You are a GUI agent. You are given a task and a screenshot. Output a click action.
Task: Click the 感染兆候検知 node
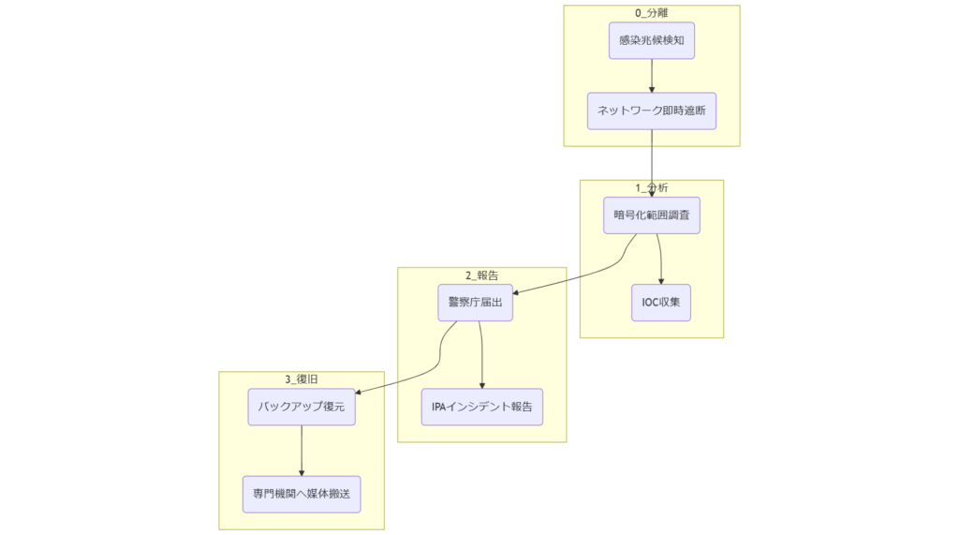coord(651,41)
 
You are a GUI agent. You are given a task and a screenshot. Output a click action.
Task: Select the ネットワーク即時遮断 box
coord(651,111)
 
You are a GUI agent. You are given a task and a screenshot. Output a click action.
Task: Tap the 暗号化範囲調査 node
coord(651,215)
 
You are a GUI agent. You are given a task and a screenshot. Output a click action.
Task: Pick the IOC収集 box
coord(661,302)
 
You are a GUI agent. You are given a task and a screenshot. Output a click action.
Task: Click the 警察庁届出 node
coord(475,302)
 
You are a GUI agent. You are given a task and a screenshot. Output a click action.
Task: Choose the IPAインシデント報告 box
coord(481,407)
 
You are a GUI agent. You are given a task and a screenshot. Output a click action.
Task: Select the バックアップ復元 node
coord(302,407)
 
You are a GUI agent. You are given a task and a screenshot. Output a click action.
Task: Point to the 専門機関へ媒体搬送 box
coord(302,494)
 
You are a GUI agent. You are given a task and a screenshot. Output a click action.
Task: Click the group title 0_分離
coord(651,12)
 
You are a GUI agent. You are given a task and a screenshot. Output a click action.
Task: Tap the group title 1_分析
coord(651,187)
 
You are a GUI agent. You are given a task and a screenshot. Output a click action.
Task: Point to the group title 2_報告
coord(481,275)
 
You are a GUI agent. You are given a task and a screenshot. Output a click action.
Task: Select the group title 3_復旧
coord(302,379)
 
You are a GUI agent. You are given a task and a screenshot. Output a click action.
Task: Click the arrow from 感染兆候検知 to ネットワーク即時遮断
coord(651,75)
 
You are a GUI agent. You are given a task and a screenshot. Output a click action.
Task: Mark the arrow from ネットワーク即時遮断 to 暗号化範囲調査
coord(651,164)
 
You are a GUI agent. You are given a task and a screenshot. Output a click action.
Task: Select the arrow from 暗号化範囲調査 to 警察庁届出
coord(581,272)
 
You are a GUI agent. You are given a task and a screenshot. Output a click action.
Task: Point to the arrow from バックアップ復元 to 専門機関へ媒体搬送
coord(302,451)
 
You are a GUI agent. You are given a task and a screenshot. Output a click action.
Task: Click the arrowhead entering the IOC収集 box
coord(661,280)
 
